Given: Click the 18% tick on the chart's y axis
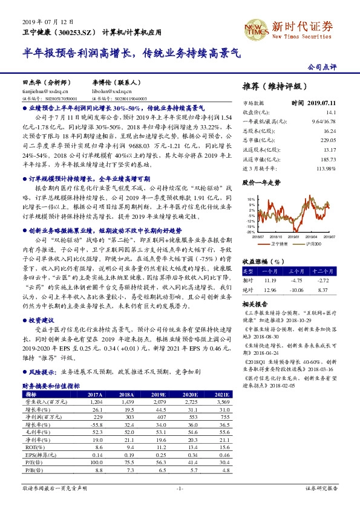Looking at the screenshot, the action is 251,198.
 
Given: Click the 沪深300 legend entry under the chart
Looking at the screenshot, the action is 312,242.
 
